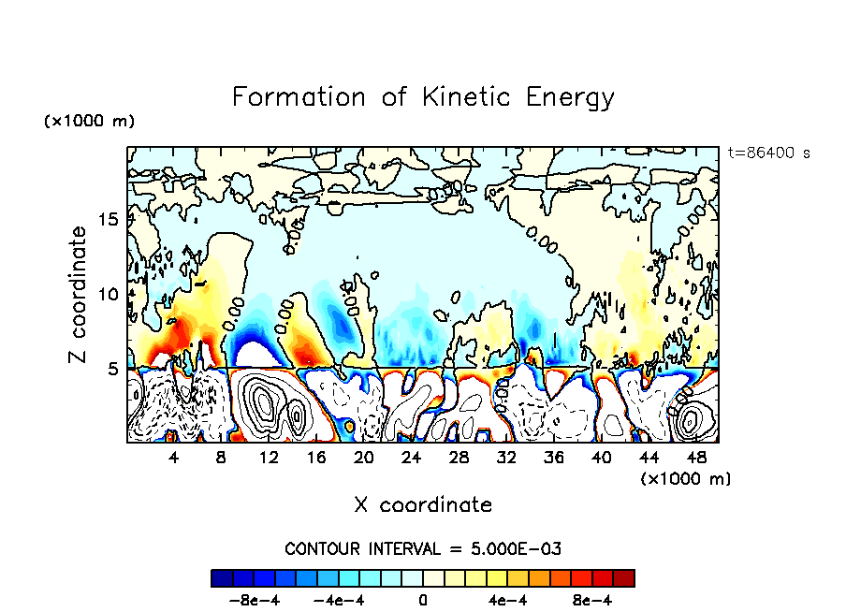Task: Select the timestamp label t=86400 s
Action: [x=768, y=153]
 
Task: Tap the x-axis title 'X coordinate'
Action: [x=423, y=505]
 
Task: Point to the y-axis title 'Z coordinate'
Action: [x=79, y=295]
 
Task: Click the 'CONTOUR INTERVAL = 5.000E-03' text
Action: [x=423, y=548]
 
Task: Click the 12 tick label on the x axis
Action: [x=269, y=458]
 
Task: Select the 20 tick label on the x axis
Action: [x=364, y=458]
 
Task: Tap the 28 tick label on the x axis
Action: [x=459, y=458]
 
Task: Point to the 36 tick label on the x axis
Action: [x=554, y=458]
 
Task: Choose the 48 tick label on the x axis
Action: [x=696, y=458]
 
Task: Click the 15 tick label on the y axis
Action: [x=109, y=220]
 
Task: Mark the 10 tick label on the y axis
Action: [x=109, y=295]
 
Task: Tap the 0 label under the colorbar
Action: [x=423, y=600]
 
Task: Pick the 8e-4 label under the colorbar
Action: [x=592, y=600]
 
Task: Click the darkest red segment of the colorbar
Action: [x=624, y=577]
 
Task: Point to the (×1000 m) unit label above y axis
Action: [x=89, y=122]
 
